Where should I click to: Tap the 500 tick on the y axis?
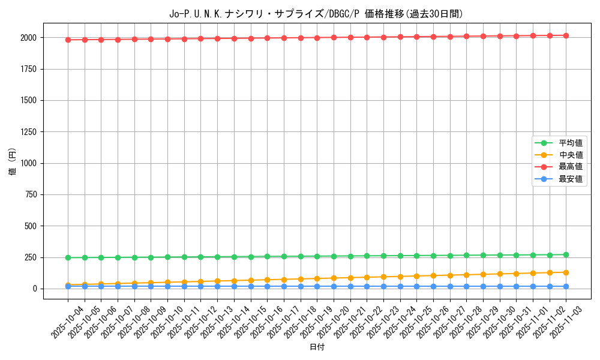coord(30,226)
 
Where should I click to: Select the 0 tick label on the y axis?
coord(35,289)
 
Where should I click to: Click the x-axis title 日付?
coord(317,347)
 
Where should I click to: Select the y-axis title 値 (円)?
coord(12,161)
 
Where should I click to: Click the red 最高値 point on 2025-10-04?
coord(68,40)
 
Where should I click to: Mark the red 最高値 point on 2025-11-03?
coord(566,35)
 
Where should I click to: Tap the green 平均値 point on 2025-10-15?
coord(251,257)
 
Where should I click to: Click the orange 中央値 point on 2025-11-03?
coord(566,272)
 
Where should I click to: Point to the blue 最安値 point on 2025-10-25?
coord(416,286)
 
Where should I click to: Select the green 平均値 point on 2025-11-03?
coord(566,255)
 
